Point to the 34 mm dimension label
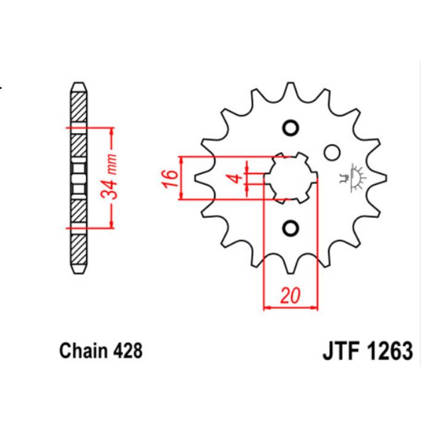[111, 178]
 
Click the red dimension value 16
[172, 177]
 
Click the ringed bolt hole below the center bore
[290, 228]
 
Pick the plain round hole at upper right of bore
[332, 151]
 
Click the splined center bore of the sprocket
[290, 178]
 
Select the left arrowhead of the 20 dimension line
[267, 307]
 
